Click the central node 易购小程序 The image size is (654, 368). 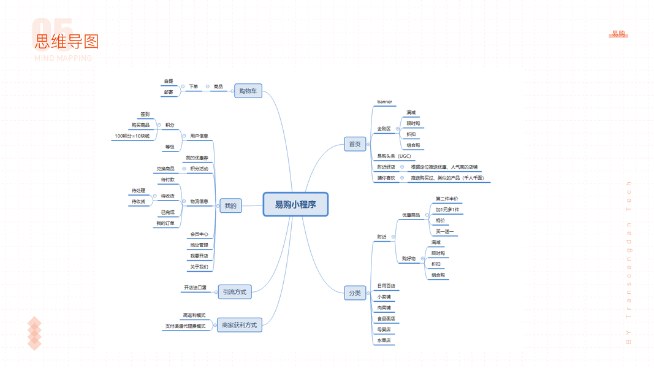click(x=295, y=204)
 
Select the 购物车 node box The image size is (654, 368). click(x=248, y=91)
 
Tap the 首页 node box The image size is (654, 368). click(x=355, y=144)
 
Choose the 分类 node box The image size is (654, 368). click(x=355, y=293)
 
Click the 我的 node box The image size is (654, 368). click(x=230, y=205)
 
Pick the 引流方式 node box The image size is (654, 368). click(x=235, y=292)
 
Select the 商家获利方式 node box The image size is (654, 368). click(x=240, y=325)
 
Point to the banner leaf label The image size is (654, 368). click(x=384, y=102)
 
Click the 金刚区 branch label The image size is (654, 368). click(x=384, y=129)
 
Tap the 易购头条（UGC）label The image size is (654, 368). click(x=394, y=156)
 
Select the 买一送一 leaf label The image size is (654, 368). click(x=445, y=232)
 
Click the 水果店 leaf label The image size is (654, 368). click(x=384, y=340)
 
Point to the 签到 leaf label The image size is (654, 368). click(x=145, y=115)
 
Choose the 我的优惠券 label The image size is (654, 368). click(x=197, y=158)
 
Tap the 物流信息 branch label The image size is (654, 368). click(x=199, y=201)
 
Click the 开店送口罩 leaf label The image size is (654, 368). click(x=196, y=288)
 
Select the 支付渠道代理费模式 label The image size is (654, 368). click(x=185, y=326)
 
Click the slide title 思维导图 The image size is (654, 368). click(x=67, y=42)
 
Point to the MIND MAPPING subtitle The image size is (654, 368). click(x=63, y=58)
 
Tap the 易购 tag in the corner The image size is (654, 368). click(x=618, y=34)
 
